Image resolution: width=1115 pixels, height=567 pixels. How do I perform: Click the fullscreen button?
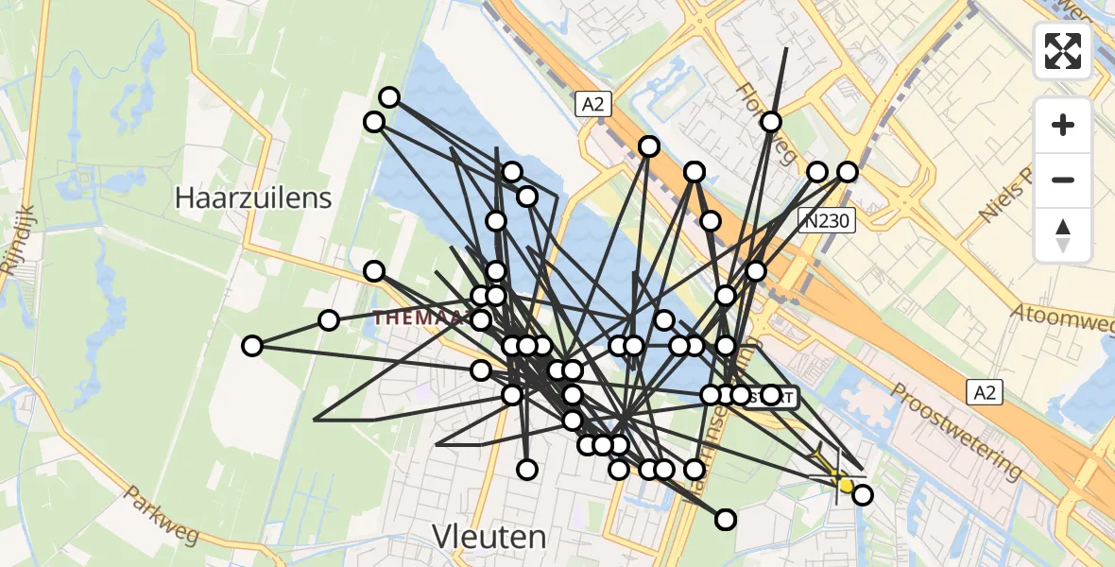(1063, 50)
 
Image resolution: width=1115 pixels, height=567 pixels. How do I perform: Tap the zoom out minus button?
(1063, 180)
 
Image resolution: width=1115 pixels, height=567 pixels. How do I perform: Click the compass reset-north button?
(1063, 235)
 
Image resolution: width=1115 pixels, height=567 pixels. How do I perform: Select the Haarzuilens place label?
(253, 198)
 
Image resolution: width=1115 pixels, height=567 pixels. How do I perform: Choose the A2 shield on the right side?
(984, 391)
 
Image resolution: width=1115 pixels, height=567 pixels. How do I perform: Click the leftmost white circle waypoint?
(251, 346)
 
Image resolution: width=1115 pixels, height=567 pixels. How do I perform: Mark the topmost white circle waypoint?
(389, 97)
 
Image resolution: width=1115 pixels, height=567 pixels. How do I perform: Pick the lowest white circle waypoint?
(725, 520)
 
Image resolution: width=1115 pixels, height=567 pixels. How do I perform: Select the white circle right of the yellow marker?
(862, 494)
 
